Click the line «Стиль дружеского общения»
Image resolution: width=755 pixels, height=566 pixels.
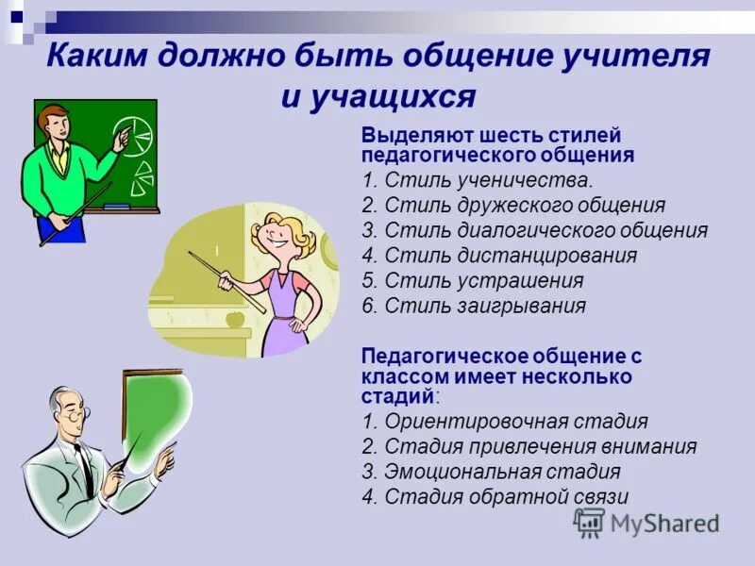click(x=514, y=205)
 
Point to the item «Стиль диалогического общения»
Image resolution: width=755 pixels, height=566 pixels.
click(x=534, y=230)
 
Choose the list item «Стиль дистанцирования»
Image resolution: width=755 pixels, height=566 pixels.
click(x=499, y=256)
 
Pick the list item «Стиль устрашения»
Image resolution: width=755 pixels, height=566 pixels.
click(x=473, y=281)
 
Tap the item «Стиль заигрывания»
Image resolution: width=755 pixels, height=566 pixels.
click(x=474, y=307)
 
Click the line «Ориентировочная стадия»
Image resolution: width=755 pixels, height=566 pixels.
click(x=505, y=422)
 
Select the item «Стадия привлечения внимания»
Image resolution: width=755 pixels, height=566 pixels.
click(x=528, y=447)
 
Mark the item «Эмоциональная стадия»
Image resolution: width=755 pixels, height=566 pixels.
click(x=491, y=473)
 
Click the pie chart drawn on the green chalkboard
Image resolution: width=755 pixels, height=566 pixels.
click(x=131, y=137)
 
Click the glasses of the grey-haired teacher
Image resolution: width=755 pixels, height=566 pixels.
click(x=75, y=412)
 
